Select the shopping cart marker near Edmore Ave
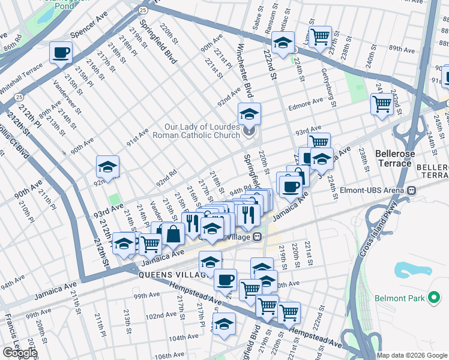pyautogui.click(x=382, y=104)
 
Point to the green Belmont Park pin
pyautogui.click(x=434, y=297)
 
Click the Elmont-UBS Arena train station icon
pyautogui.click(x=411, y=190)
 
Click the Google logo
pyautogui.click(x=20, y=353)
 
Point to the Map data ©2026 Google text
pyautogui.click(x=412, y=355)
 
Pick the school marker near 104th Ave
pyautogui.click(x=224, y=324)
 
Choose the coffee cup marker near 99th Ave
pyautogui.click(x=226, y=280)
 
